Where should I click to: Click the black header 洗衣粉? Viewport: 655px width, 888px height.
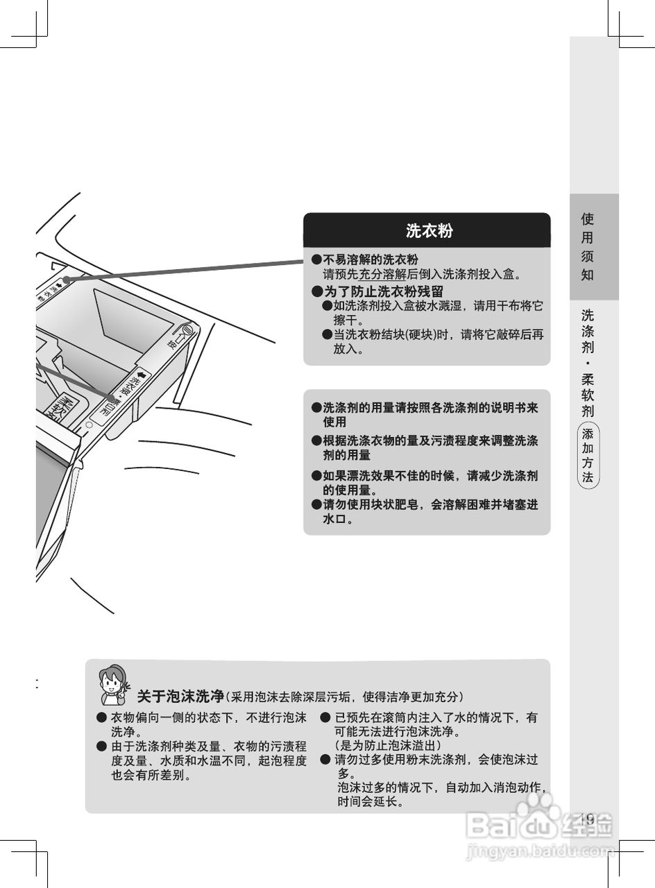click(x=429, y=231)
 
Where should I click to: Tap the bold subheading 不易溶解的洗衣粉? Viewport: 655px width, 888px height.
click(x=371, y=259)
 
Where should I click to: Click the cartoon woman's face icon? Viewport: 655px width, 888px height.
click(x=112, y=684)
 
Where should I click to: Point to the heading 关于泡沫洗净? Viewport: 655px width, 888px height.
click(x=181, y=696)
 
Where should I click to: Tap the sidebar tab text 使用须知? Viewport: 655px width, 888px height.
click(x=588, y=246)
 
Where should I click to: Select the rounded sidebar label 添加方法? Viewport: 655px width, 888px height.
click(x=588, y=456)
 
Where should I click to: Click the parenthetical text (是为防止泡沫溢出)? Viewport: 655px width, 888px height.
click(x=388, y=745)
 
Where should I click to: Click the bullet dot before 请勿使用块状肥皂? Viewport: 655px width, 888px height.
click(x=316, y=505)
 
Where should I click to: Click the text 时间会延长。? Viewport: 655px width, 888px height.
click(x=372, y=801)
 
